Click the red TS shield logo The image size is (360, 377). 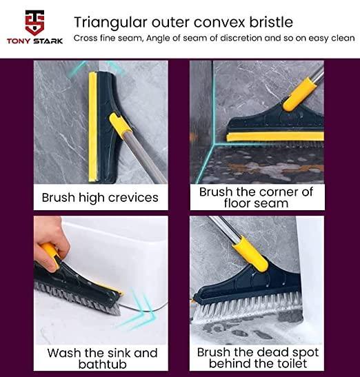coord(34,23)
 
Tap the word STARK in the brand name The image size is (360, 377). coord(48,41)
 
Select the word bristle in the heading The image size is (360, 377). coord(271,22)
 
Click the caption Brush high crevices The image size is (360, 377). coord(100,198)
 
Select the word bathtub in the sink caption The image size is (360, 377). coord(103,365)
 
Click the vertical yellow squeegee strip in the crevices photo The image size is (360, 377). coord(93,127)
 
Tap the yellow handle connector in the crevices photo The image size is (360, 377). coord(120,125)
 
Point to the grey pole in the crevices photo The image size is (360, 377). coord(146,157)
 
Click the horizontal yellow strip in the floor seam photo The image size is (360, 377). coord(275,136)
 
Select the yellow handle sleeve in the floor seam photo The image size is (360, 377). coord(299,94)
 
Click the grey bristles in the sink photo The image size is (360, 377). coord(77,299)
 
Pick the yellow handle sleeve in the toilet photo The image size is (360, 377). coord(250,254)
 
